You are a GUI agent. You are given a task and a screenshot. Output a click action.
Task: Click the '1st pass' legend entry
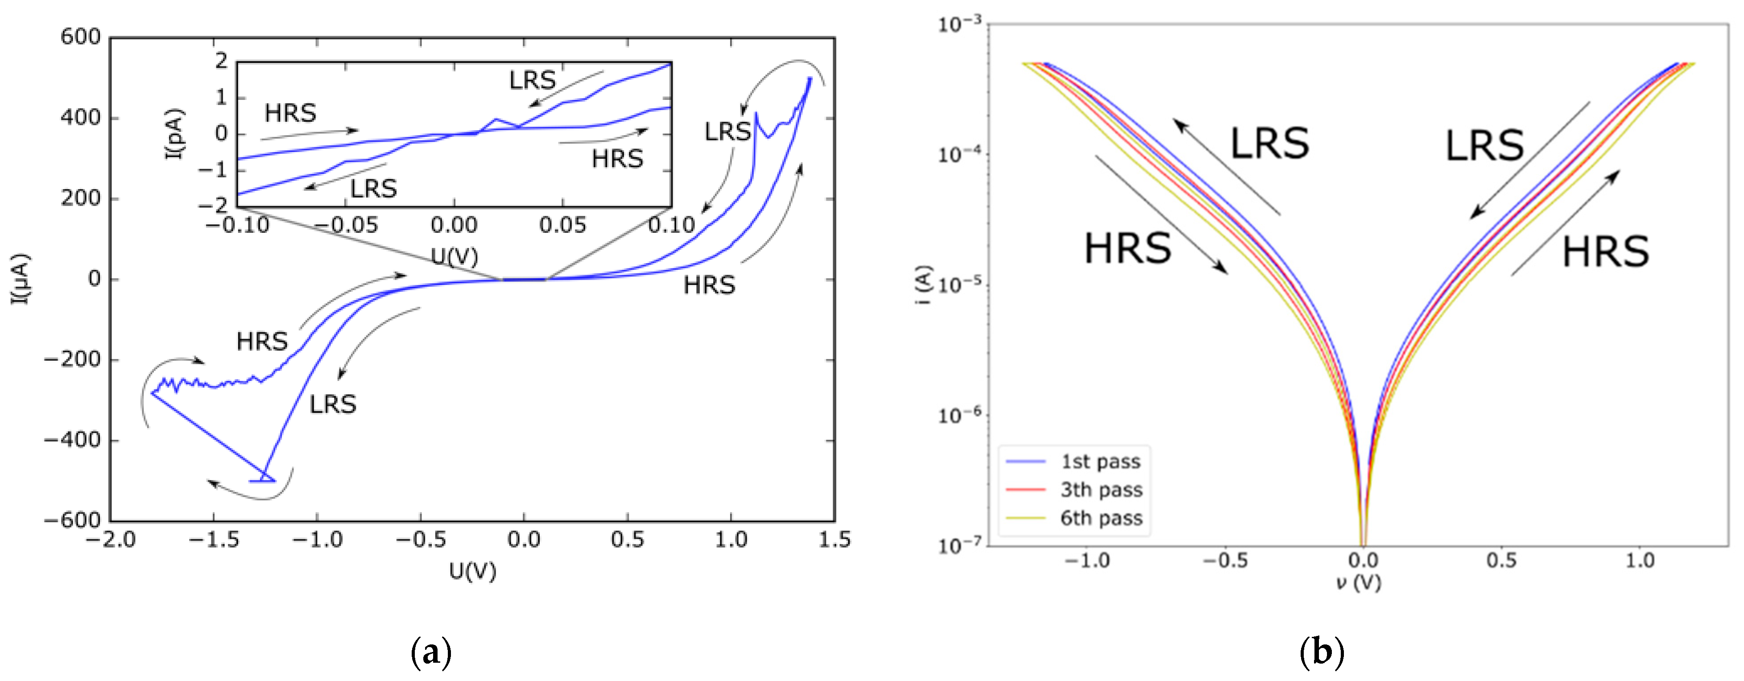point(1100,462)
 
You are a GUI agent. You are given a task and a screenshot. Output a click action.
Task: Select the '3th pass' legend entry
point(1101,489)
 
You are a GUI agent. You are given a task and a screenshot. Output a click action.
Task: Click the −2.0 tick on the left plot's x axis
point(110,540)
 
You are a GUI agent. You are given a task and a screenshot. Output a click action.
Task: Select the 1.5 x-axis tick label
point(834,540)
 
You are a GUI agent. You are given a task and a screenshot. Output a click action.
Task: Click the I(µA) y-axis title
point(21,279)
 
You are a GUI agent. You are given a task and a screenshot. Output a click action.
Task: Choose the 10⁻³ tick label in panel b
point(959,25)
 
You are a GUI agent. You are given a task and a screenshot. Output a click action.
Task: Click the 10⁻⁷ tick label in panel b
point(959,545)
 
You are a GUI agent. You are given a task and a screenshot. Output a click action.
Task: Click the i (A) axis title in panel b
point(923,285)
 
